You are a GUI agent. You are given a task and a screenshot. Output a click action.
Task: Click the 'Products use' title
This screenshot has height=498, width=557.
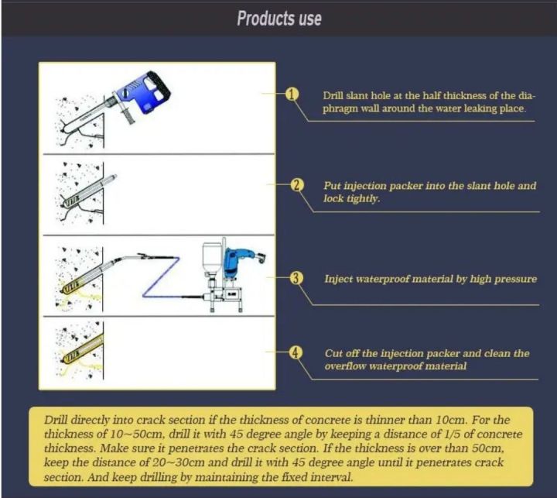(x=279, y=18)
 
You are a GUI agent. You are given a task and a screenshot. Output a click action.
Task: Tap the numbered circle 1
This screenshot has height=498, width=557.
(x=292, y=94)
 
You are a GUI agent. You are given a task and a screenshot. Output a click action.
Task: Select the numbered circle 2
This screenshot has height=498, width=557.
(x=296, y=185)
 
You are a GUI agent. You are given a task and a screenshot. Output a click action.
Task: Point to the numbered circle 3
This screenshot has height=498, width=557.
(x=296, y=278)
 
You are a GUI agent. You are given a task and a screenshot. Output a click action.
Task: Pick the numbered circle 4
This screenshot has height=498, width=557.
(x=296, y=352)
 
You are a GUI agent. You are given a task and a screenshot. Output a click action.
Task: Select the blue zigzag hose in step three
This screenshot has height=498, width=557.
(x=162, y=276)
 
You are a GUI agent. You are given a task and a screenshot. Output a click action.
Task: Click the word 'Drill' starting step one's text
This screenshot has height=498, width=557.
(x=333, y=96)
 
